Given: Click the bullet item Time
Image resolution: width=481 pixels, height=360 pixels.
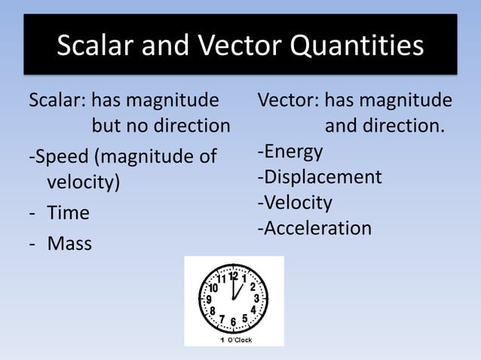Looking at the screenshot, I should point(68,213).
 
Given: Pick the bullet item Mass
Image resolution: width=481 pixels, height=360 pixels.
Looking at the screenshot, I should point(69,244).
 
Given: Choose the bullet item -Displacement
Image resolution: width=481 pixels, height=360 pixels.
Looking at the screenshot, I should point(320,178).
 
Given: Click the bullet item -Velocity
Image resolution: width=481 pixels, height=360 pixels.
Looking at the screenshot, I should point(295,203).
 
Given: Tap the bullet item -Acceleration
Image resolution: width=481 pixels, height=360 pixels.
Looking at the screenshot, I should point(314,228).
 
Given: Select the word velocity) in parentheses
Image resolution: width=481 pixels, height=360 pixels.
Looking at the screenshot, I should point(83,183).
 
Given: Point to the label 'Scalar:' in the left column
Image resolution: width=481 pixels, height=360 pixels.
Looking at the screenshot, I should point(57,100).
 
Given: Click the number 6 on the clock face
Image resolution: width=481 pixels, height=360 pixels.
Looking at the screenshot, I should point(233,322).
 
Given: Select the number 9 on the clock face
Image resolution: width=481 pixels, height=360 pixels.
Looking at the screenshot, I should point(209,299).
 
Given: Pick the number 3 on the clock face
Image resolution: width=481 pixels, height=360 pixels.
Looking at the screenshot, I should point(256,298).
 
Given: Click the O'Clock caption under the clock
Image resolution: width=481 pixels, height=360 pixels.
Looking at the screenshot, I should point(240,340).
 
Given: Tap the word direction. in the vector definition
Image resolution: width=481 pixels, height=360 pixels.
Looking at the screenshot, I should point(384,126).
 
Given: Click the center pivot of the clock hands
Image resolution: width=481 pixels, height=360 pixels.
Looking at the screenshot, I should point(233,299).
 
